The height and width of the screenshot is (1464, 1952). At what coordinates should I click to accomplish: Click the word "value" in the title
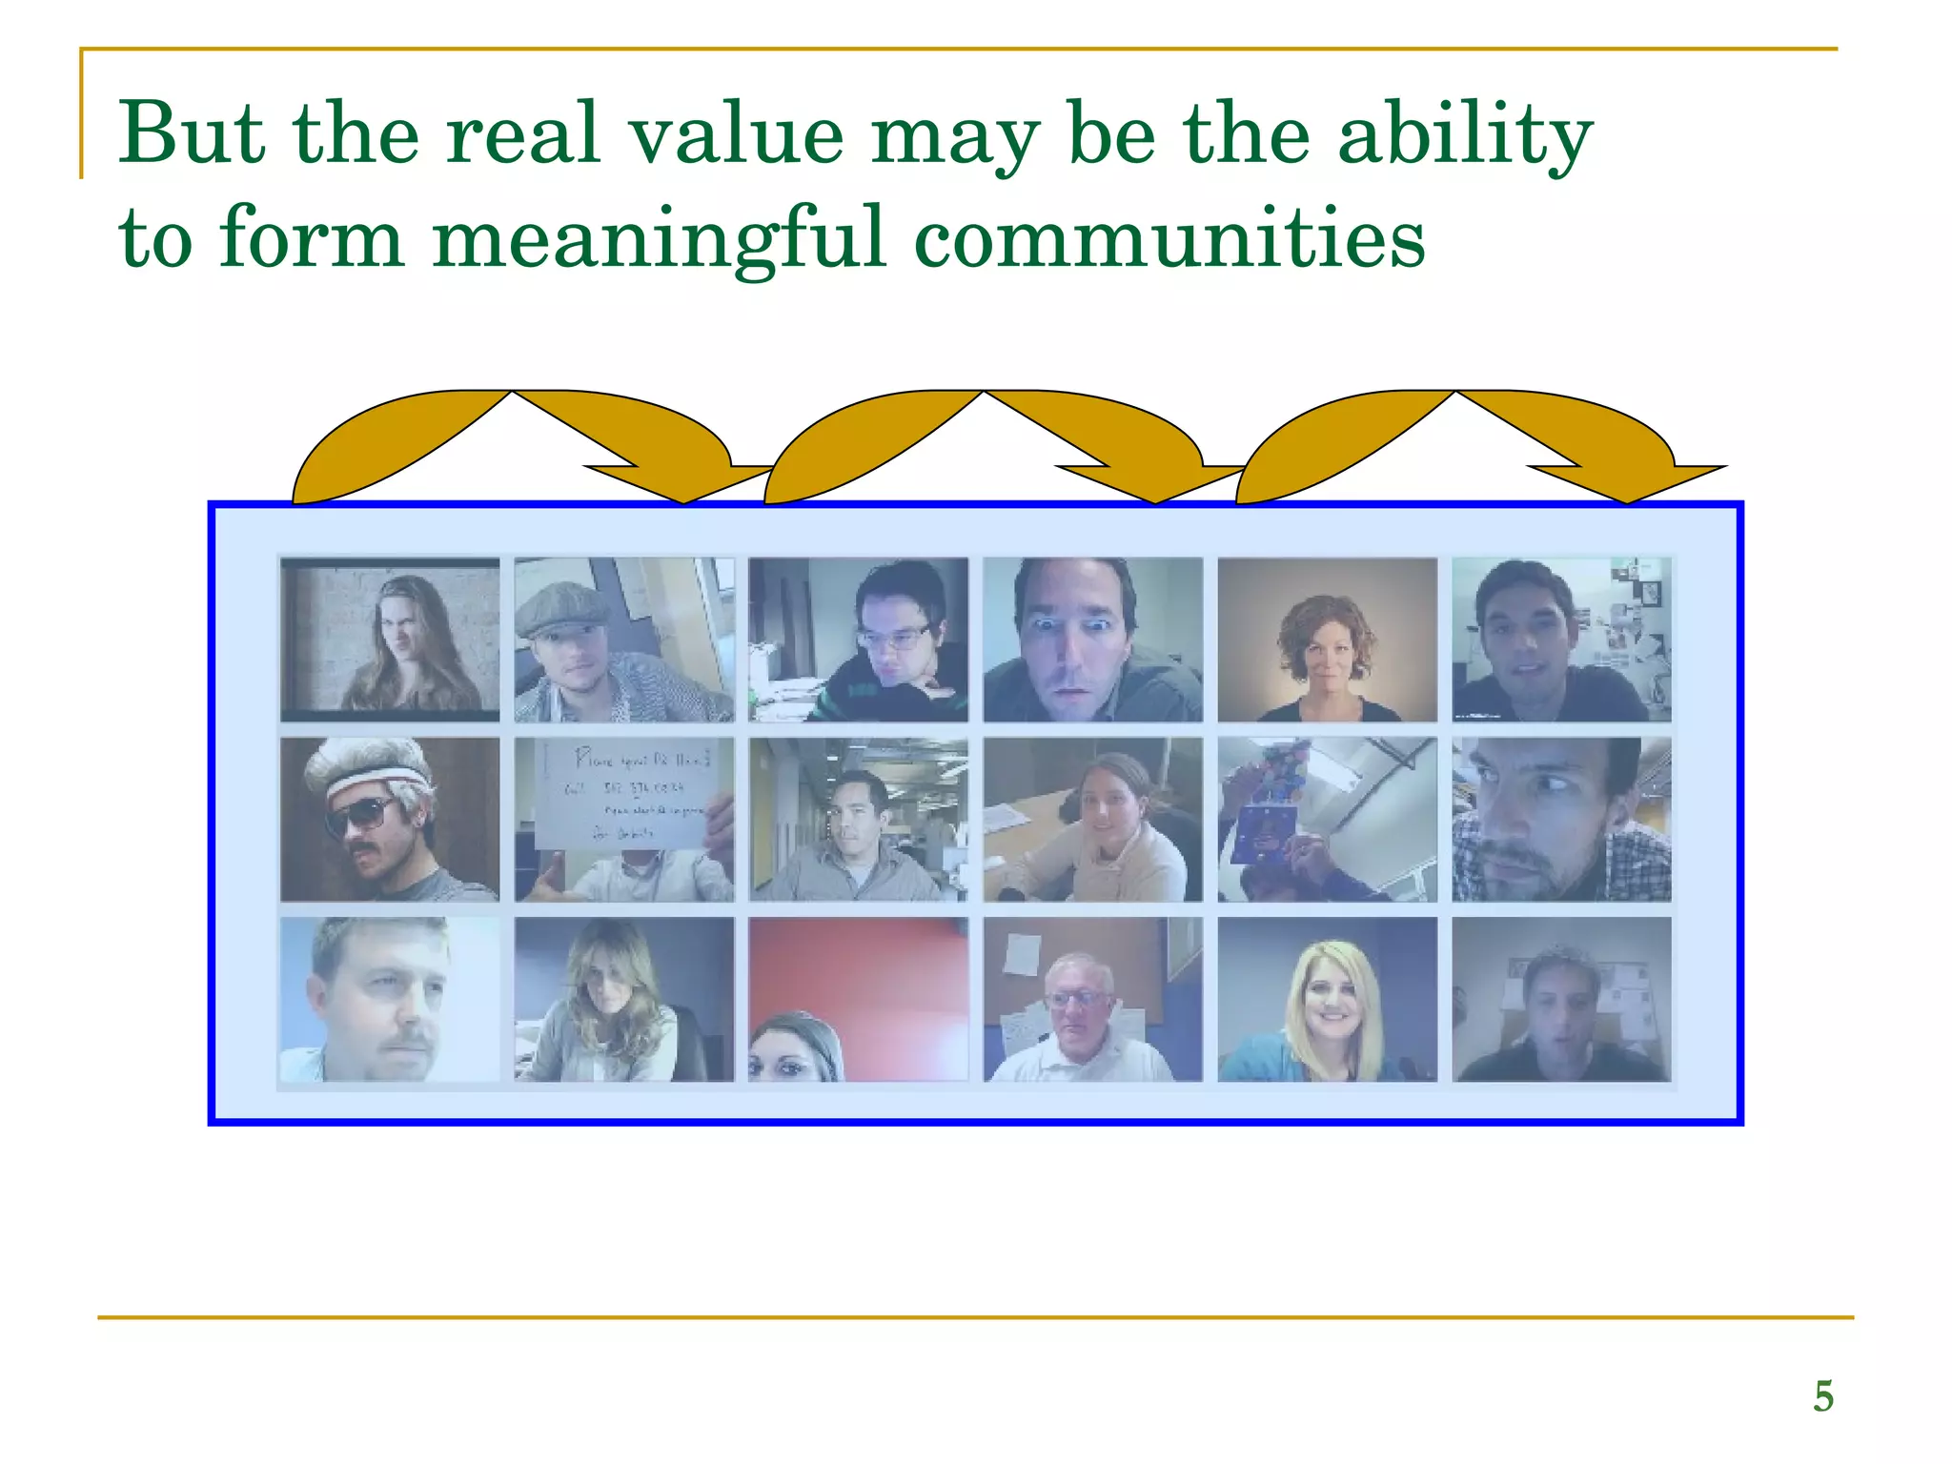point(736,133)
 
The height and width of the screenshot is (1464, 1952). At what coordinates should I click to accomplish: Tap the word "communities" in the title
point(1169,237)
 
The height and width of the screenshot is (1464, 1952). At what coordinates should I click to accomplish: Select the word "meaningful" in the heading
point(659,237)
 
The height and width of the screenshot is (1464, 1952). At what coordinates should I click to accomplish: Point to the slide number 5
point(1822,1396)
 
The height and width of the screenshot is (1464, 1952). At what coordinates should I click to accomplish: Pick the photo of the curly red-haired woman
point(1327,640)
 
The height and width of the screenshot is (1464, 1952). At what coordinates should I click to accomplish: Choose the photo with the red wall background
point(858,999)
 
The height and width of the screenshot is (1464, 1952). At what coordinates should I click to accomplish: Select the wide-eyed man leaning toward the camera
point(1092,640)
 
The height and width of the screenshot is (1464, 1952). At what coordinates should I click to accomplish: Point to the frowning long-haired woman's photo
point(390,640)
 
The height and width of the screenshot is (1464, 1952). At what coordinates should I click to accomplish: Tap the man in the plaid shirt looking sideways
point(1561,820)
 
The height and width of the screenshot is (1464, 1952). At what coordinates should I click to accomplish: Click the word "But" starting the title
point(192,133)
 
